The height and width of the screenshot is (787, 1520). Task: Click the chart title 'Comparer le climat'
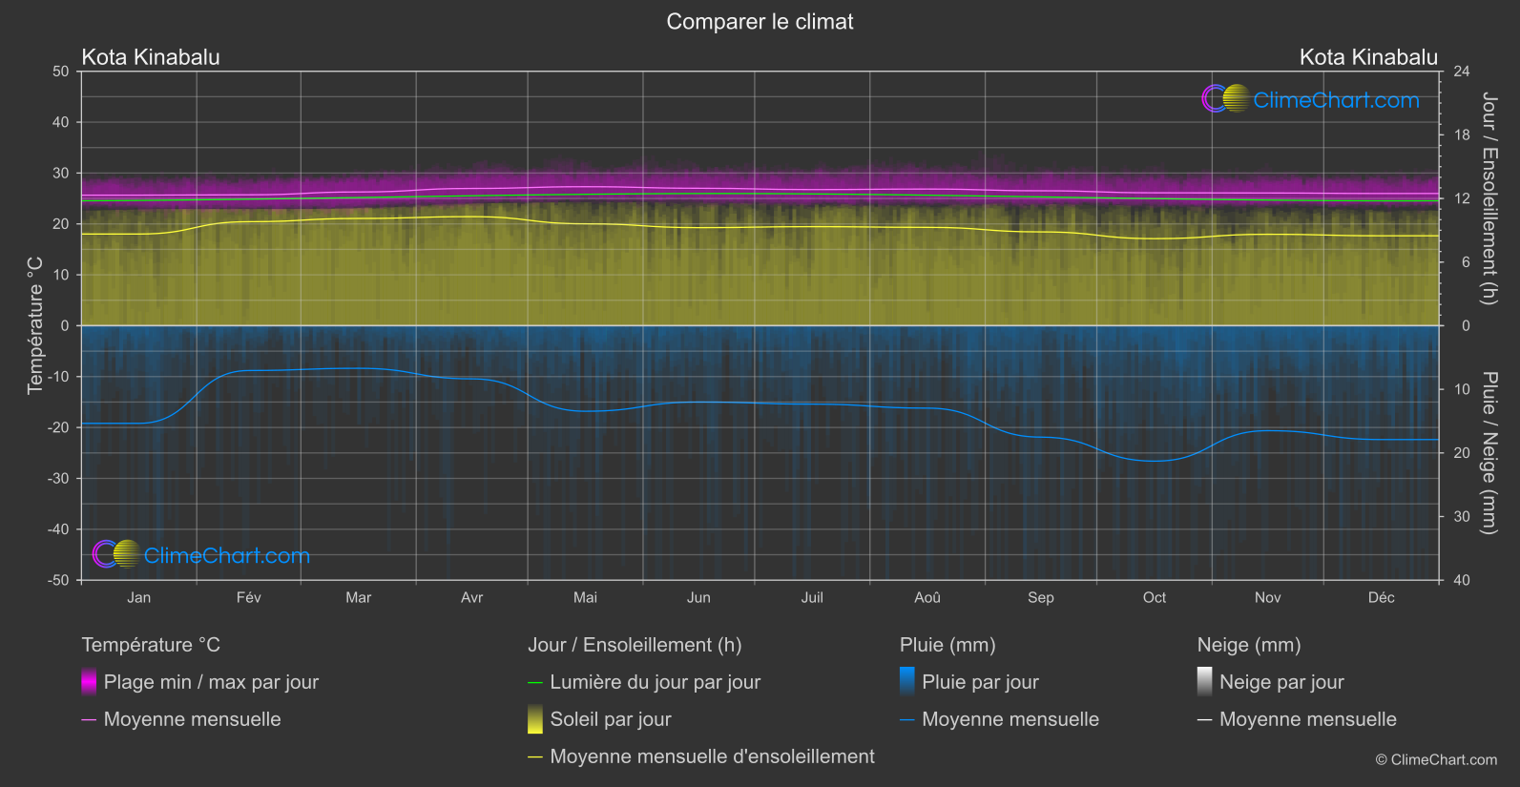[x=760, y=22]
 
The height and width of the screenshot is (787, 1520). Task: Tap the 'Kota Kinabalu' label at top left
[x=151, y=57]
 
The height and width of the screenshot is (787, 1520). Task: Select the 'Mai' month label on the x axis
[x=585, y=598]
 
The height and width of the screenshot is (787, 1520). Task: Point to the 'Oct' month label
[x=1154, y=598]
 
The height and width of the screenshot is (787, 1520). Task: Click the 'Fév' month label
[x=248, y=598]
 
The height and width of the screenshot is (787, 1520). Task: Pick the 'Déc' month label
[x=1381, y=598]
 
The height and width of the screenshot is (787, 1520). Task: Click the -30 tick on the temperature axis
[x=59, y=479]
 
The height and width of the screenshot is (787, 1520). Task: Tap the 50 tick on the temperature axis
[x=61, y=72]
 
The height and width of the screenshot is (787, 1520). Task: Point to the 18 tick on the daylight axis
[x=1462, y=135]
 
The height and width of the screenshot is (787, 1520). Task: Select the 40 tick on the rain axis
[x=1462, y=580]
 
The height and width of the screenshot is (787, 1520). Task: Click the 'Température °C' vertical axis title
[x=35, y=325]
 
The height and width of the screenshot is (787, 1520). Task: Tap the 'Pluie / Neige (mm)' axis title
[x=1489, y=453]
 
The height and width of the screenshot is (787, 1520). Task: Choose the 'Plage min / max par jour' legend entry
[x=211, y=682]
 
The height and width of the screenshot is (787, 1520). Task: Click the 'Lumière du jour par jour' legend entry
[x=655, y=682]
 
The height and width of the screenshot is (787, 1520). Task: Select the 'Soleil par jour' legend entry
[x=610, y=719]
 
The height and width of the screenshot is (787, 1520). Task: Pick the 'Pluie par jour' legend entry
[x=980, y=682]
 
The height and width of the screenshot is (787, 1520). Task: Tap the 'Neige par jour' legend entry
[x=1281, y=682]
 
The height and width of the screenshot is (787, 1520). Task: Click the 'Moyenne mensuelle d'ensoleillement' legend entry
[x=712, y=756]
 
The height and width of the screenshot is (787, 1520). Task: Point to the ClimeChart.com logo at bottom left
[x=201, y=555]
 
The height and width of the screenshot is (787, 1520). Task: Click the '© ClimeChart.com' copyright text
[x=1436, y=760]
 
